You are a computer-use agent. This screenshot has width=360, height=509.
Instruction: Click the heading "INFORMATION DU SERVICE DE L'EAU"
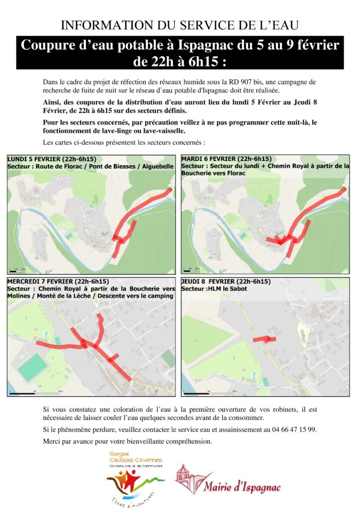pyautogui.click(x=180, y=25)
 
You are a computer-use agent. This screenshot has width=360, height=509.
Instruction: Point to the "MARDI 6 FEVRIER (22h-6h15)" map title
pyautogui.click(x=226, y=159)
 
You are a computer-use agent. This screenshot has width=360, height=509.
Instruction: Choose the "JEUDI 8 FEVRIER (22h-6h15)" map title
pyautogui.click(x=226, y=281)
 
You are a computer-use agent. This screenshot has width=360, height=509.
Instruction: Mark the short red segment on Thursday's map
pyautogui.click(x=264, y=339)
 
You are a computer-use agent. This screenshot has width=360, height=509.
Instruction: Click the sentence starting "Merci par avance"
pyautogui.click(x=128, y=441)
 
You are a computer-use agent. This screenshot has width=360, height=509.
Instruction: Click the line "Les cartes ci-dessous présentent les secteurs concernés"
pyautogui.click(x=124, y=143)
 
